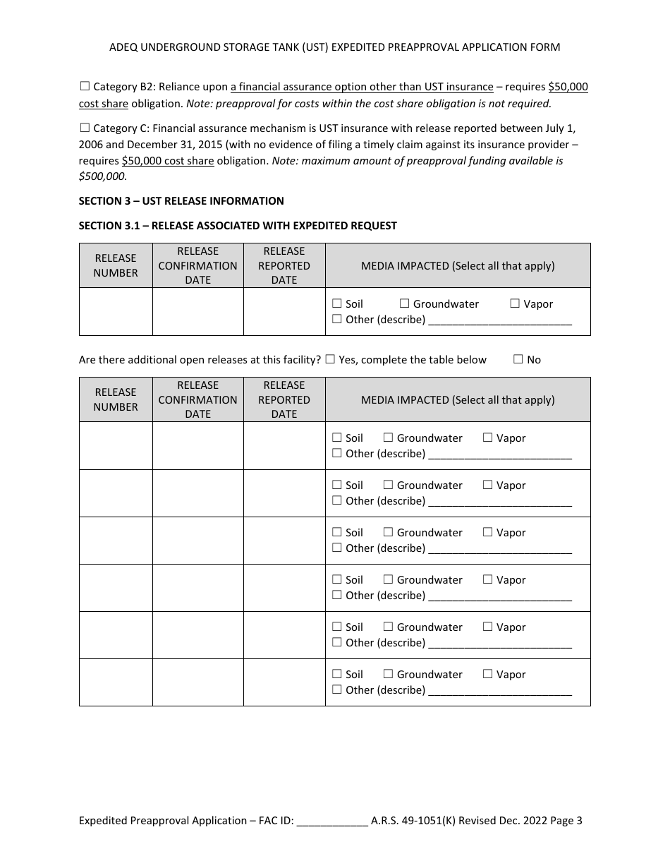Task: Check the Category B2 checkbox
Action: click(85, 87)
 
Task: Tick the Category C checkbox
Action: click(85, 128)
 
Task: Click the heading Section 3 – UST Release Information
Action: click(181, 201)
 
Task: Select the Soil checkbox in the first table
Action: click(337, 304)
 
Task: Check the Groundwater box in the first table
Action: click(404, 304)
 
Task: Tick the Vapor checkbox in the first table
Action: click(515, 304)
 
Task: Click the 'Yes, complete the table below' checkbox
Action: click(330, 359)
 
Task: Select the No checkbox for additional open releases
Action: click(518, 359)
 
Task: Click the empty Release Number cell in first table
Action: click(116, 311)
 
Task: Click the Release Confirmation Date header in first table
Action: click(197, 265)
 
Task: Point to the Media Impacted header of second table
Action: click(458, 399)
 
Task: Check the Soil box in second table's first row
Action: click(337, 438)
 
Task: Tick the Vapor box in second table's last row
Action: click(487, 675)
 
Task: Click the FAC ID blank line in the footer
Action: click(332, 821)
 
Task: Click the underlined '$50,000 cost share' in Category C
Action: click(168, 161)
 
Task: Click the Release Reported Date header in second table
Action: click(284, 399)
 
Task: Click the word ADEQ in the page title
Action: click(124, 47)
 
